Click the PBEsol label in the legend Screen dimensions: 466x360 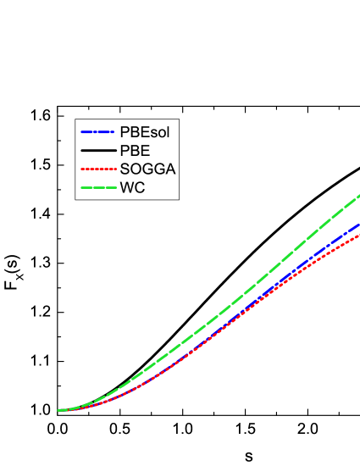pyautogui.click(x=150, y=131)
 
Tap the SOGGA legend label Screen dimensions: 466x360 pyautogui.click(x=147, y=169)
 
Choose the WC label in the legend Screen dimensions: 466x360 pyautogui.click(x=132, y=187)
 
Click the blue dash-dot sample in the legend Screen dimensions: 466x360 pyautogui.click(x=97, y=131)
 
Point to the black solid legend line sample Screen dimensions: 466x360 pyautogui.click(x=97, y=150)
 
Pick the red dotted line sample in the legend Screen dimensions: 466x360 pyautogui.click(x=97, y=169)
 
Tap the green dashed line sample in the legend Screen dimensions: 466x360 pyautogui.click(x=97, y=187)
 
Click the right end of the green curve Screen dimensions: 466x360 pyautogui.click(x=358, y=197)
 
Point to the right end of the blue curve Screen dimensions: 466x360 pyautogui.click(x=358, y=225)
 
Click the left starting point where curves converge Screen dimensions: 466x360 pyautogui.click(x=59, y=410)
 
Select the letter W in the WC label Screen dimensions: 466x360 pyautogui.click(x=127, y=187)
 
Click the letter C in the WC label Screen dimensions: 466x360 pyautogui.click(x=140, y=187)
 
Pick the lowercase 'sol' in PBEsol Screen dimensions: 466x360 pyautogui.click(x=169, y=131)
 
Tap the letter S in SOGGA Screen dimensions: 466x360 pyautogui.click(x=124, y=169)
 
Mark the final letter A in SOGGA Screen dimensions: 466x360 pyautogui.click(x=170, y=169)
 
